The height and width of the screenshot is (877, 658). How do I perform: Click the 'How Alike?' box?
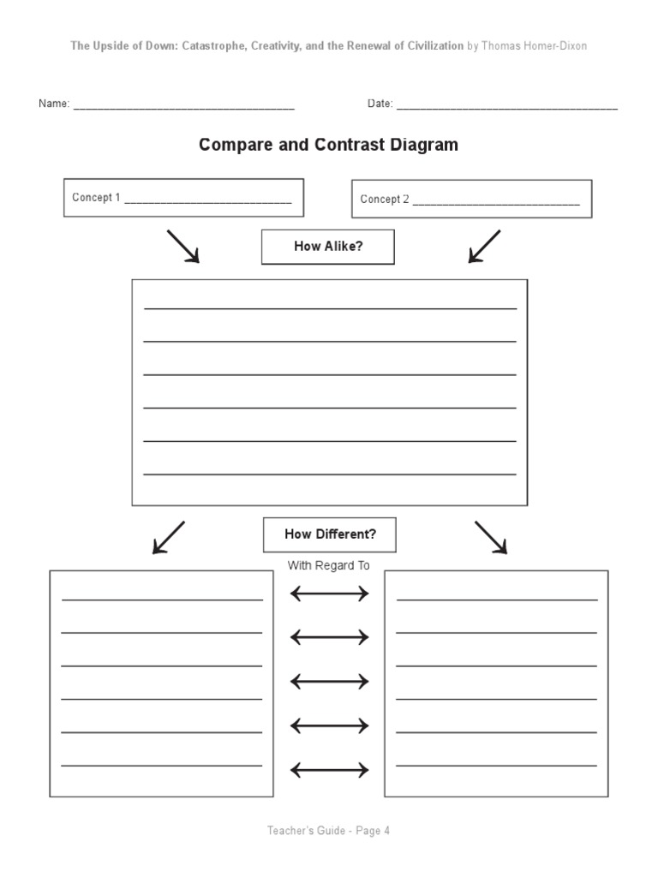coord(328,247)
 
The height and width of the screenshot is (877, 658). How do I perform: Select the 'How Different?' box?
coord(330,534)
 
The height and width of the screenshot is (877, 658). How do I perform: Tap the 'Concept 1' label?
coord(96,198)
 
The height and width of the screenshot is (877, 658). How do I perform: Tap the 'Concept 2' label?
coord(384,200)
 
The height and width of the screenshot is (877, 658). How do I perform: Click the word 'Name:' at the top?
coord(53,104)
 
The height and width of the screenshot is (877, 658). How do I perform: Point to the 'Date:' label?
coord(380,104)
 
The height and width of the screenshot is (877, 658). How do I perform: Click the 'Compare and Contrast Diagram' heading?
coord(328,145)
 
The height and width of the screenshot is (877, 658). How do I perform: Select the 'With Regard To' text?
coord(329,565)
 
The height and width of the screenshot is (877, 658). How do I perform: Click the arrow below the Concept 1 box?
coord(182,246)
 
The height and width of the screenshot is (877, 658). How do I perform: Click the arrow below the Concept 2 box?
coord(484,246)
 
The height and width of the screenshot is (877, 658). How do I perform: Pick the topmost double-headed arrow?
coord(330,594)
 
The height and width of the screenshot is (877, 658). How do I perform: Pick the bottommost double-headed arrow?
coord(330,771)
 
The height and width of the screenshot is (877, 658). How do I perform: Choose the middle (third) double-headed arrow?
coord(330,682)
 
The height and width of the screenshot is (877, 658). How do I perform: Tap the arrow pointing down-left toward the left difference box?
coord(168,537)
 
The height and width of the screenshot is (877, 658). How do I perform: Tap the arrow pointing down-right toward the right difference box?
coord(491,537)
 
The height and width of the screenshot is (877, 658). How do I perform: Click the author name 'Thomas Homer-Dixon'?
coord(535,45)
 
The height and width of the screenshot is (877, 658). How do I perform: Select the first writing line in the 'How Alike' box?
coord(330,307)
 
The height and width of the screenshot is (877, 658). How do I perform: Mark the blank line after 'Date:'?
coord(507,108)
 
